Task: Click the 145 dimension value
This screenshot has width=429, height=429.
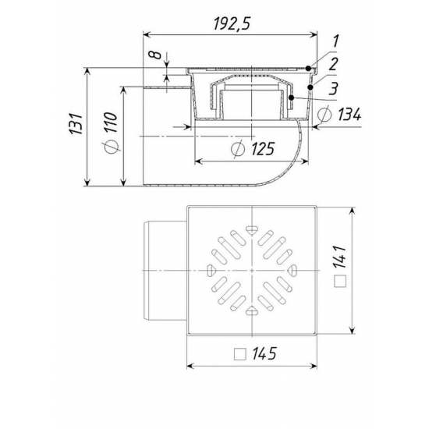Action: tap(265, 353)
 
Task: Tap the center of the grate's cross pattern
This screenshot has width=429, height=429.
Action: tap(250, 269)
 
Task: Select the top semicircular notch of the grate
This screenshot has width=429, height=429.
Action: tap(250, 229)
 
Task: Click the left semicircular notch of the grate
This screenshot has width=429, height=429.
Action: tap(211, 269)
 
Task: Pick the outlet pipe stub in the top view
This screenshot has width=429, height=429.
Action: tap(165, 269)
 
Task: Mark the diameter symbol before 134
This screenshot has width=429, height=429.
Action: tap(322, 116)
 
